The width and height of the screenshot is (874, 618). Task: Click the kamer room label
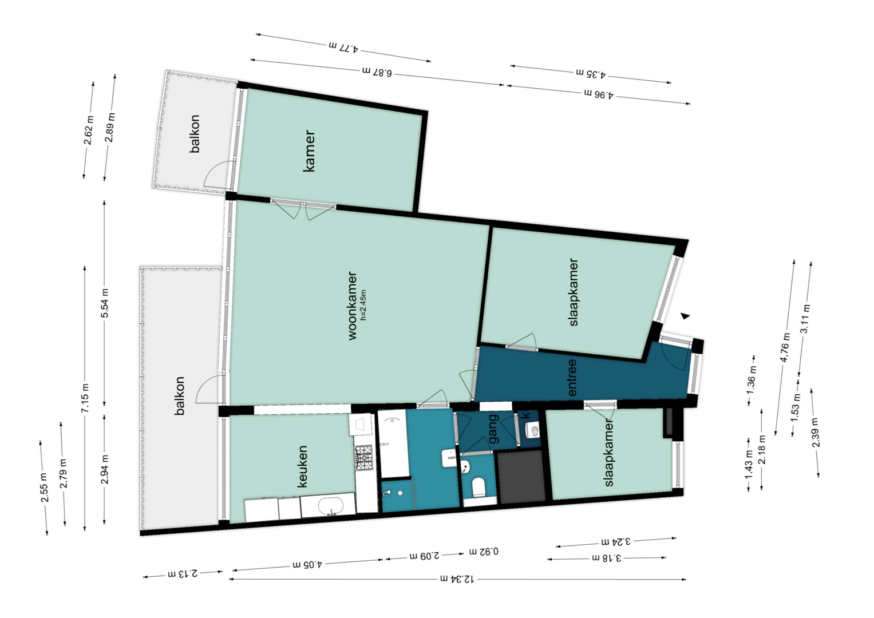coord(309,151)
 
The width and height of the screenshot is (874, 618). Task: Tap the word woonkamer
coord(352,306)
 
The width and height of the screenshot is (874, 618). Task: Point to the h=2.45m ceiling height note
coord(363,305)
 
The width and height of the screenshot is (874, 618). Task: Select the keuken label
coord(302,466)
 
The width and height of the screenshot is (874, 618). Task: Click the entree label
coord(572,378)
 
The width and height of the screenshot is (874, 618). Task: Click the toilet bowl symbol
coord(478,488)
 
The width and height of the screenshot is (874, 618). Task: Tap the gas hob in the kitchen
coord(363,457)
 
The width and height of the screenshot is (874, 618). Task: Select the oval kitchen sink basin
coord(331,506)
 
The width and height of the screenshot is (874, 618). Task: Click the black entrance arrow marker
coord(685,316)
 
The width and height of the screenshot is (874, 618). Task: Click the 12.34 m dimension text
coord(457,579)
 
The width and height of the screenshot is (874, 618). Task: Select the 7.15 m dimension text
coord(85,398)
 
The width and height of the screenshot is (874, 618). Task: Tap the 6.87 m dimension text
coord(377,72)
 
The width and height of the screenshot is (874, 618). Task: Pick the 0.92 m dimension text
coord(484,551)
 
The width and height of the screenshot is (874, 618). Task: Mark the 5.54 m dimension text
coord(105,303)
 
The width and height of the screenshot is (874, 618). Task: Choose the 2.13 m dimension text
coord(183,574)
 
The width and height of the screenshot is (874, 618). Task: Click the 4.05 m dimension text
coord(307,564)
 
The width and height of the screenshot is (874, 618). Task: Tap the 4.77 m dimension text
coord(344,47)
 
